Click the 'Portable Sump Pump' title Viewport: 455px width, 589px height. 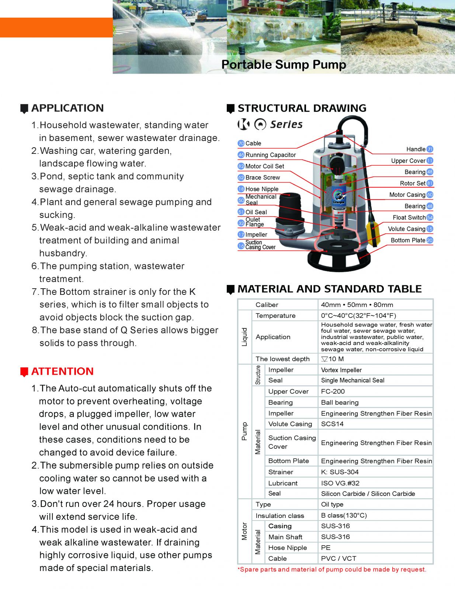pyautogui.click(x=284, y=64)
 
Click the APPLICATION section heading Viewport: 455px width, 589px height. pyautogui.click(x=67, y=108)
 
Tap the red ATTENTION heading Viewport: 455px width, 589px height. pyautogui.click(x=62, y=371)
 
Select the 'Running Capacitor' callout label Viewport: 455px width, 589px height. pyautogui.click(x=270, y=155)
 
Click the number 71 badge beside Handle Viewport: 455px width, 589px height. pyautogui.click(x=430, y=149)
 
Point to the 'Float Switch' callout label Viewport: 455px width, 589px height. pyautogui.click(x=409, y=218)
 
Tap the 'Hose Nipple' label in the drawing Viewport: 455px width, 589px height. pyautogui.click(x=262, y=189)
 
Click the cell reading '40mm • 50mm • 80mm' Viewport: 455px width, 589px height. pyautogui.click(x=357, y=305)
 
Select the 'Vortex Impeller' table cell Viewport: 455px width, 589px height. pyautogui.click(x=341, y=370)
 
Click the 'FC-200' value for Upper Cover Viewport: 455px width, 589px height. pyautogui.click(x=333, y=391)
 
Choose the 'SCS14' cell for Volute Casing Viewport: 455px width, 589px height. pyautogui.click(x=332, y=424)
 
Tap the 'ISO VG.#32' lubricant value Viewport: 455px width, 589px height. pyautogui.click(x=340, y=483)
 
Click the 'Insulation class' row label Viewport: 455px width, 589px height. pyautogui.click(x=279, y=516)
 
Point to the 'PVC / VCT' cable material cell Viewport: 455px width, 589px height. pyautogui.click(x=338, y=558)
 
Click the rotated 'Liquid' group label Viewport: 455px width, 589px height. pyautogui.click(x=244, y=337)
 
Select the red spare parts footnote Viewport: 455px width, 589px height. pyautogui.click(x=332, y=569)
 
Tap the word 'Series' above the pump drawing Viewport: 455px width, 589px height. pyautogui.click(x=286, y=124)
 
